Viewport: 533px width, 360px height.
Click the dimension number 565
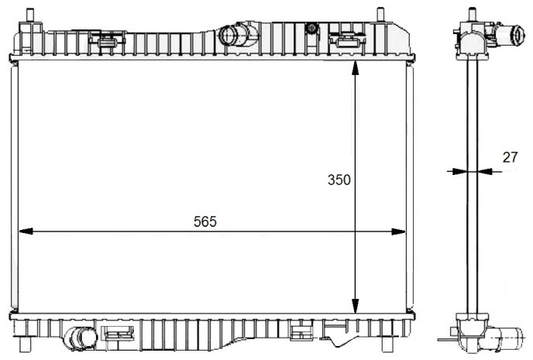[205, 221]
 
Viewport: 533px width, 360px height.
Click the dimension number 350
[339, 180]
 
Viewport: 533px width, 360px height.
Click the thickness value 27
[510, 157]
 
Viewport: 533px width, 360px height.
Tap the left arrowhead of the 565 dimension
[26, 231]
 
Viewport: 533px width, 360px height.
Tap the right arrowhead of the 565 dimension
[398, 231]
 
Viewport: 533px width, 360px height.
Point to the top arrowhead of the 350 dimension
[356, 68]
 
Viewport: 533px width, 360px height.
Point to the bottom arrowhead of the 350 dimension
[356, 306]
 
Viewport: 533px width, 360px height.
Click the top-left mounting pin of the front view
[30, 15]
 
